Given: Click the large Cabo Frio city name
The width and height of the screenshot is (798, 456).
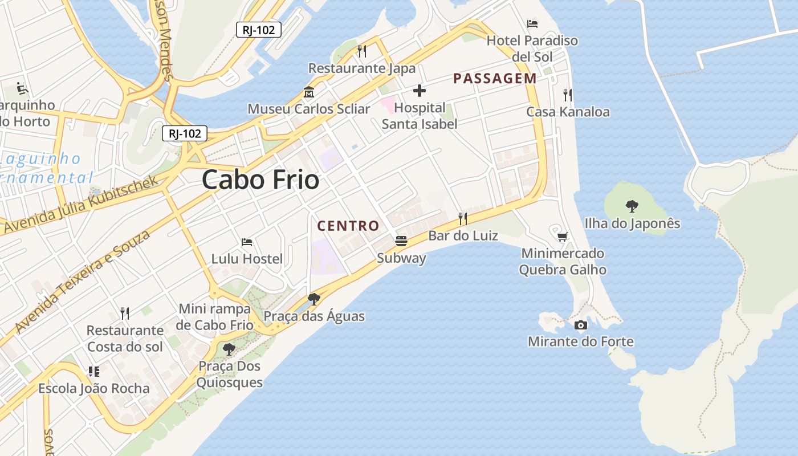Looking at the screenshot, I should (260, 180).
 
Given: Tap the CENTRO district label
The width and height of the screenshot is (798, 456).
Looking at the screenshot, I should (348, 226).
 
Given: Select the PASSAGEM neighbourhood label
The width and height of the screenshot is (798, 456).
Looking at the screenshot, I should (495, 79).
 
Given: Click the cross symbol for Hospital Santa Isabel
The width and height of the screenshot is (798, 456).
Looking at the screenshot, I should (420, 91).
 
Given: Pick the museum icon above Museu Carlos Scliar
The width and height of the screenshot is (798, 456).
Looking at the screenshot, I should (309, 92).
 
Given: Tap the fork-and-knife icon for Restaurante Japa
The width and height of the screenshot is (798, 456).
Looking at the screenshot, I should (362, 51).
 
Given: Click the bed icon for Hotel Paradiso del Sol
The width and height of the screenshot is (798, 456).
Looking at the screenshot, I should (532, 24).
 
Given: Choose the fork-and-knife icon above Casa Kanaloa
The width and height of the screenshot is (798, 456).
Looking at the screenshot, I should (567, 95).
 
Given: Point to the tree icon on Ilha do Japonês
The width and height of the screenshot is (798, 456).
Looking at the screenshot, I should (632, 206).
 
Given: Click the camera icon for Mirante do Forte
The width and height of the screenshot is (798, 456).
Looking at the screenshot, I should (581, 325).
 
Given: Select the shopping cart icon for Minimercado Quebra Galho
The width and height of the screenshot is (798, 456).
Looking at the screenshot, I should (563, 237).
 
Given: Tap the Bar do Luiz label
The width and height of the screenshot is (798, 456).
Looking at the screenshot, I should (463, 235).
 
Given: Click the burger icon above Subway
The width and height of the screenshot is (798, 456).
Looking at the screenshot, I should (401, 241).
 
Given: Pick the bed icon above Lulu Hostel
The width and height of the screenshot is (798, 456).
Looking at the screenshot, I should (247, 242).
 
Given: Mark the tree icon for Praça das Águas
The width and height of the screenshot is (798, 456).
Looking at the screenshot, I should (313, 299).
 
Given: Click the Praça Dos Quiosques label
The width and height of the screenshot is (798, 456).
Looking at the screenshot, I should (229, 374).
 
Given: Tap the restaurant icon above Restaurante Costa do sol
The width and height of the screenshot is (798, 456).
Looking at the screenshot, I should (125, 313).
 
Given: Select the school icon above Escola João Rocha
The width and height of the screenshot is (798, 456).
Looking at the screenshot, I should (94, 372).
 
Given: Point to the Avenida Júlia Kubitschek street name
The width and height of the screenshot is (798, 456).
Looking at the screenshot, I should (80, 205).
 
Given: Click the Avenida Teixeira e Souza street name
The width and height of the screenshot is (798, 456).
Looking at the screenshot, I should (83, 282).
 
